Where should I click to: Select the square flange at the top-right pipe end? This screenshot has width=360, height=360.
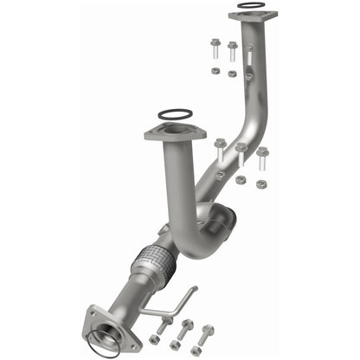(x=253, y=16)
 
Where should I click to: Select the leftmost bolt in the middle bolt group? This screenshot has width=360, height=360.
(x=220, y=149)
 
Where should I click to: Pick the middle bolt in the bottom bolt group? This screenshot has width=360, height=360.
(x=186, y=330)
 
